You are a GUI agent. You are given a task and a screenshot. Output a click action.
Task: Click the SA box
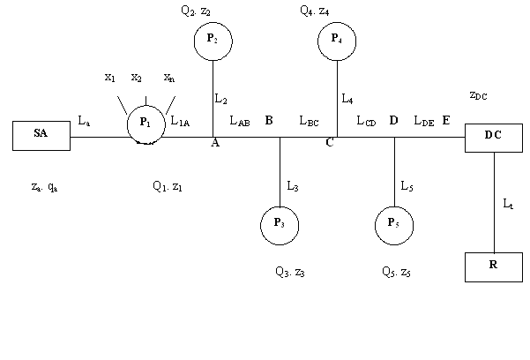pos(41,135)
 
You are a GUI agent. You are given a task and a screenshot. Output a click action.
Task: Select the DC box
pos(493,135)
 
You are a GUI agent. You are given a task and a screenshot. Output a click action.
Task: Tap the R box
pos(493,265)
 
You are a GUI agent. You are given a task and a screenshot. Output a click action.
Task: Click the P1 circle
pos(146,123)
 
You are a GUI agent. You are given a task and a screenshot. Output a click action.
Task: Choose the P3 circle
pos(280,224)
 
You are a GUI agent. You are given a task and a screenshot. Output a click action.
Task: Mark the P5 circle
pos(394,224)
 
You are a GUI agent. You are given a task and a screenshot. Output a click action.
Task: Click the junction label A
pos(215,145)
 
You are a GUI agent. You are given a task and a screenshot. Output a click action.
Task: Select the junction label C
pos(329,145)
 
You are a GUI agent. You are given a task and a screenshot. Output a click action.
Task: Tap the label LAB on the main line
pos(241,121)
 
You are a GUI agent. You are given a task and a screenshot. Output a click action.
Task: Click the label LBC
pos(310,121)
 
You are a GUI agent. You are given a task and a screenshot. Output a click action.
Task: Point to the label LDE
pos(424,121)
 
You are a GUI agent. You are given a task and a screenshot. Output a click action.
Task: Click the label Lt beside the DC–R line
pos(507,204)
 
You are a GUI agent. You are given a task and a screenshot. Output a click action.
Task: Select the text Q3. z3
pos(290,273)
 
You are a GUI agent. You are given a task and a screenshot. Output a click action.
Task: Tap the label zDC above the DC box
pos(478,94)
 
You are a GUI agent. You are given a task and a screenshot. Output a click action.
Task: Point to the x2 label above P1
pos(137,78)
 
